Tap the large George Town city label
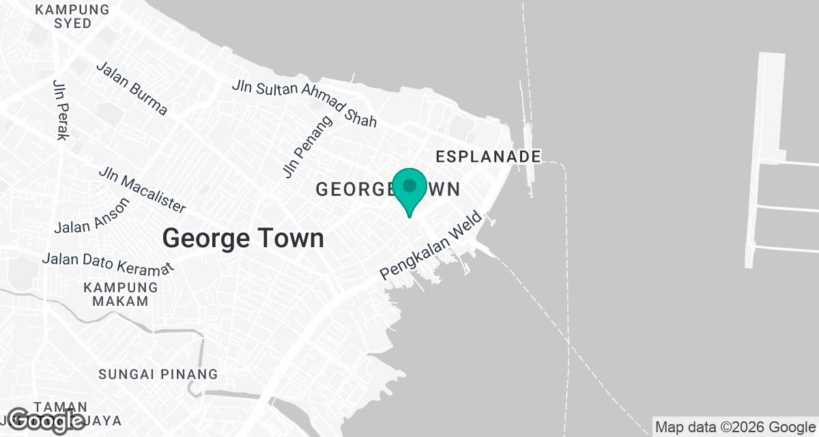click(x=243, y=238)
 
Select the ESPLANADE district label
click(x=488, y=156)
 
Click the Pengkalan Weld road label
click(x=431, y=246)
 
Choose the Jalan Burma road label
click(x=132, y=89)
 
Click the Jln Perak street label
click(x=61, y=109)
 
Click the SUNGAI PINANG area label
click(x=158, y=374)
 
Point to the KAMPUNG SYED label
click(x=72, y=16)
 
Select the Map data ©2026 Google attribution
click(x=734, y=427)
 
